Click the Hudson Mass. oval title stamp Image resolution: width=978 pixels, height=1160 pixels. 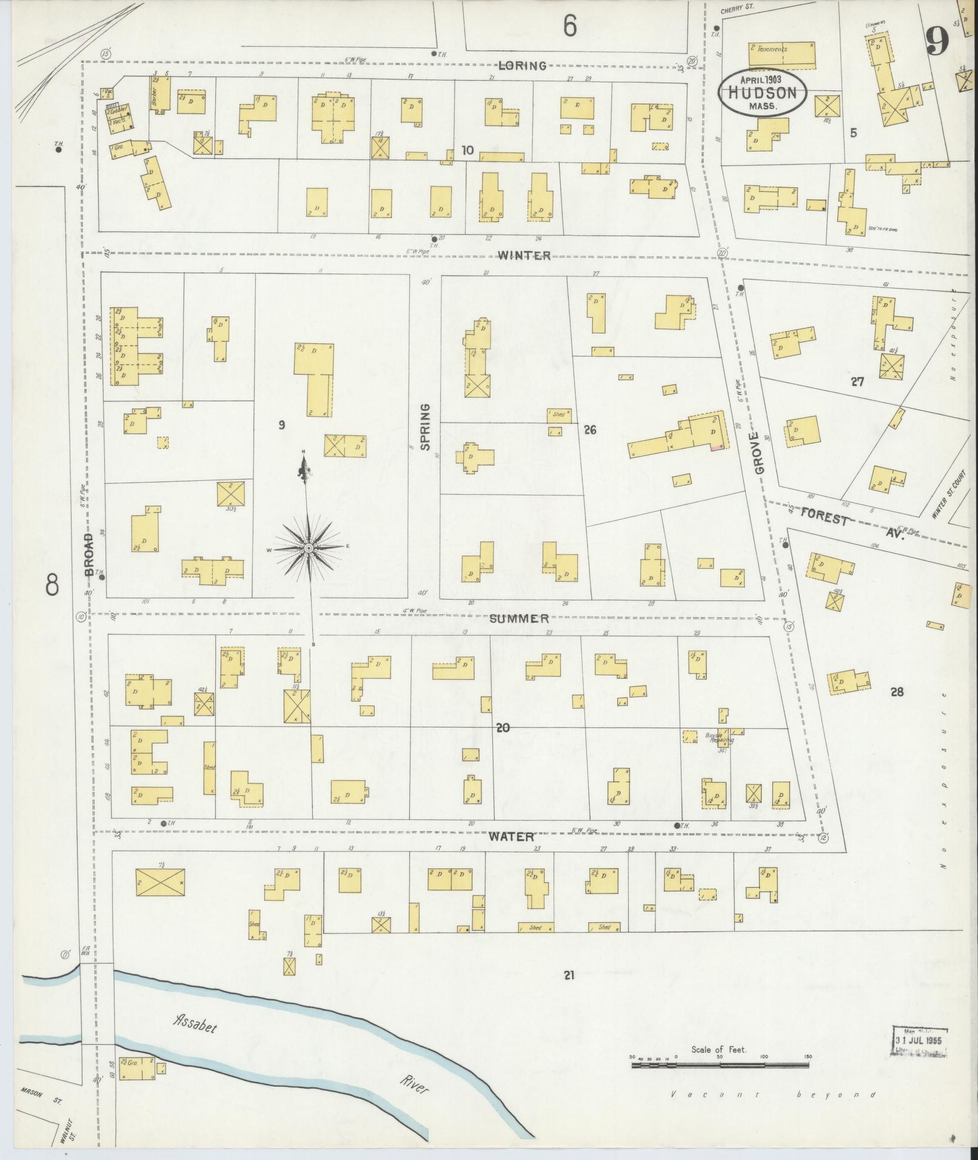point(762,92)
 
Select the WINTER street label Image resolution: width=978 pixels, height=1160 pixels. point(525,255)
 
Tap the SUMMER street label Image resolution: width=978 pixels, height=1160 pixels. point(519,619)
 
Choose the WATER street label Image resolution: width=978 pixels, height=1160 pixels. point(512,837)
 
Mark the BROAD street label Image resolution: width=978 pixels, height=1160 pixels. point(90,554)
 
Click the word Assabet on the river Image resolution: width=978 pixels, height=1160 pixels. point(194,1023)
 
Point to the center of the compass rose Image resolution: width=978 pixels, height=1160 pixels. point(309,548)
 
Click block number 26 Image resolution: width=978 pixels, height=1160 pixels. point(589,430)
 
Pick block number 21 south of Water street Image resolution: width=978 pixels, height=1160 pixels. point(568,975)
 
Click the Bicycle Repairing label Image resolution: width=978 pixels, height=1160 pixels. point(720,738)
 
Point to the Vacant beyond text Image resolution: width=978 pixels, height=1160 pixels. point(773,1095)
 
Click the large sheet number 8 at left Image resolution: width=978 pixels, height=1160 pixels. point(52,585)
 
